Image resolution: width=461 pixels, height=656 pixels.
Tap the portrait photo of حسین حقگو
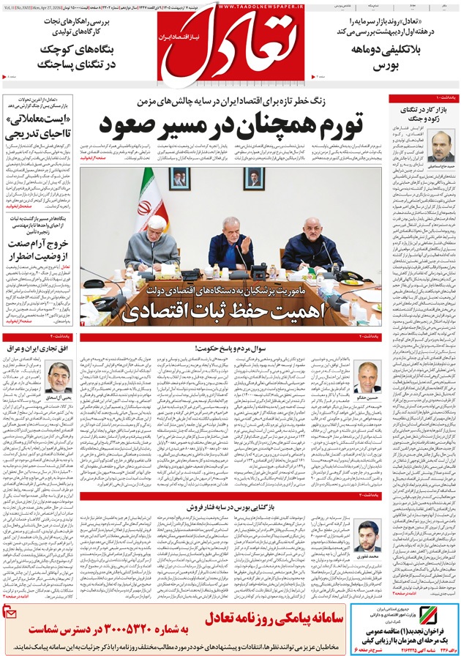(367, 377)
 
